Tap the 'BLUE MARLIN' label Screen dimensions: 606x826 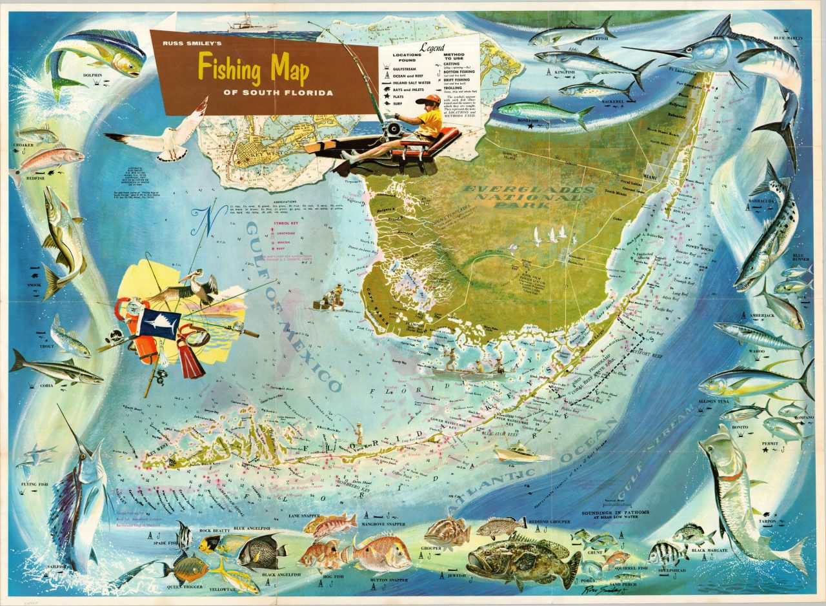788,39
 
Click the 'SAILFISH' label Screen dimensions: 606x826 55,567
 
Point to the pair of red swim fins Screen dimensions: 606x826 190,354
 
